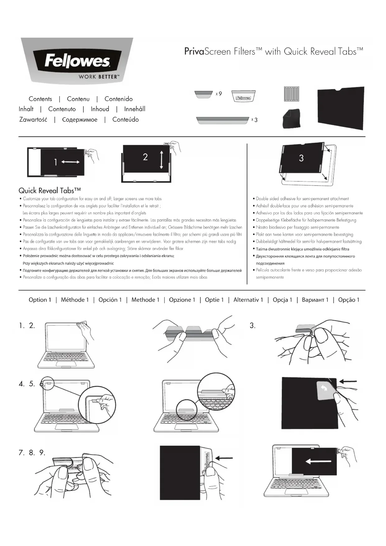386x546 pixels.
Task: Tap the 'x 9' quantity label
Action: pos(219,94)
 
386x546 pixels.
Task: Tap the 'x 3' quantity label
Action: pos(254,120)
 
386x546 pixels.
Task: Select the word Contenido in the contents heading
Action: pos(119,99)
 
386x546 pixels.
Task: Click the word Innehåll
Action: pos(135,109)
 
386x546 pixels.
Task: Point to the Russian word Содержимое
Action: pos(80,120)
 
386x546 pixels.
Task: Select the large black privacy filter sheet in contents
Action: pos(341,108)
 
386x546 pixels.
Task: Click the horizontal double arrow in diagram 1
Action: pos(70,162)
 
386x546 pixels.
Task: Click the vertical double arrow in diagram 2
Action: pos(161,160)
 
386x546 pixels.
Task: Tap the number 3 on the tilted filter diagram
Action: pos(301,158)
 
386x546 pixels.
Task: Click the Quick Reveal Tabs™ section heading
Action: pos(50,191)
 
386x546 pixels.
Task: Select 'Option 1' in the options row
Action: pos(40,300)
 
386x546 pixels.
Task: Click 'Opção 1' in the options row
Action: pos(349,300)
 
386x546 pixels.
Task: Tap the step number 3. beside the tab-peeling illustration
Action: pos(253,326)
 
